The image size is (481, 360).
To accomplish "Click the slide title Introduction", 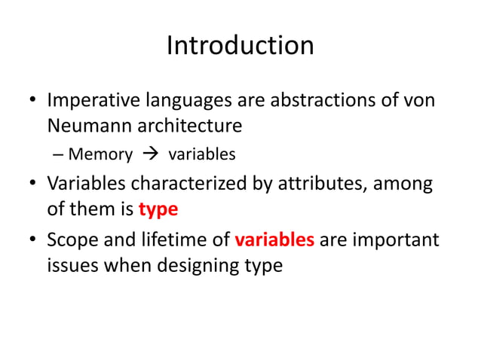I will [x=240, y=45].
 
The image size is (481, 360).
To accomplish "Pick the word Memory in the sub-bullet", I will [x=100, y=155].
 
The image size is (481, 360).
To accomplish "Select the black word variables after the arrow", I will [x=201, y=155].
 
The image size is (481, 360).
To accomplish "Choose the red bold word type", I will [x=158, y=208].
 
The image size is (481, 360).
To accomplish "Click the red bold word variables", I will [x=274, y=241].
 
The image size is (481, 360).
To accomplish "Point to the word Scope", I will [x=69, y=241].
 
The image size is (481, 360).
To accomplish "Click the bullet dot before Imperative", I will [x=33, y=101].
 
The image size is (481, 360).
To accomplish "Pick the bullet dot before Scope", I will [x=33, y=242].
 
